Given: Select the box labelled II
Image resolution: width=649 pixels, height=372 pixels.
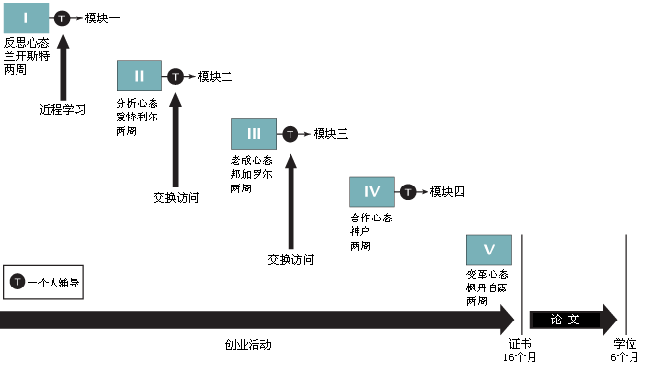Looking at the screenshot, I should (139, 76).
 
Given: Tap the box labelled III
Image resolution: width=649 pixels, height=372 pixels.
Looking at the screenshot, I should (254, 134).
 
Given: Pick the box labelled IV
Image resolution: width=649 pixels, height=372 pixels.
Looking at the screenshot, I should (371, 191).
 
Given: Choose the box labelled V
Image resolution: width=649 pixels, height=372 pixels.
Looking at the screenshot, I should (488, 250).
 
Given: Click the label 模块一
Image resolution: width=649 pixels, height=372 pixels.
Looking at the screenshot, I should (102, 18).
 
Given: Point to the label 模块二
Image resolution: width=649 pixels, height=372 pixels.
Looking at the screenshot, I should (215, 76).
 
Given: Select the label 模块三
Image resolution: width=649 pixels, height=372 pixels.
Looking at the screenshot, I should (330, 134).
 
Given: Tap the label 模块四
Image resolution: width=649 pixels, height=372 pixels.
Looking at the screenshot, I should (447, 191).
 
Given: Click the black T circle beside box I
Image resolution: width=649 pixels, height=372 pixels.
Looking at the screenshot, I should (61, 18).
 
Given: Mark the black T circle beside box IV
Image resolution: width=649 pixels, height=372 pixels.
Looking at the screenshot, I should (407, 191).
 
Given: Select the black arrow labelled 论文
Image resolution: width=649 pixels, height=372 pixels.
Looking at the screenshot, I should (573, 320).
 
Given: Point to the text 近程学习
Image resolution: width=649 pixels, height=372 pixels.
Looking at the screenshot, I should (62, 110).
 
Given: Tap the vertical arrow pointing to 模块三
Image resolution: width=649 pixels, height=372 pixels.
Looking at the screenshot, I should (290, 194).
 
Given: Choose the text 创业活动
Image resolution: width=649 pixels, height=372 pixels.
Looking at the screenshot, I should (248, 345).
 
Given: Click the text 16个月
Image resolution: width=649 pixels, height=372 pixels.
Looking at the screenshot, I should (520, 357).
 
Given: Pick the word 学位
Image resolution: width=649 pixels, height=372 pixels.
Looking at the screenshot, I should (625, 344).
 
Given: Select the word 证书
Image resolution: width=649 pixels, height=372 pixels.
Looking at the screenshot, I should (520, 344).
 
